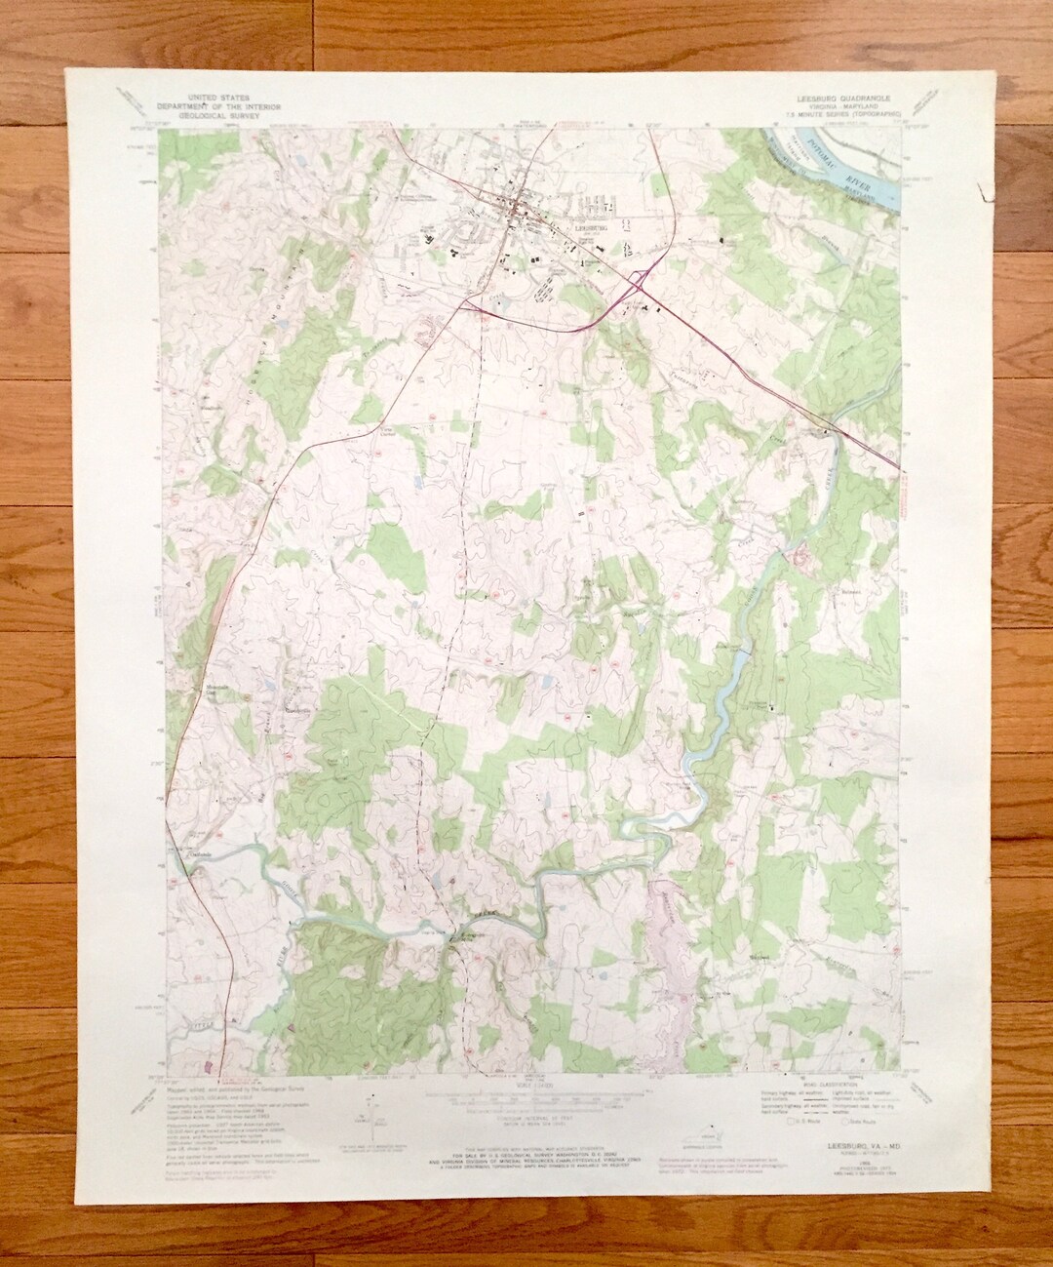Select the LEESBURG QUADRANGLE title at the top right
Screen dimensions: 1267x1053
pyautogui.click(x=837, y=99)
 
